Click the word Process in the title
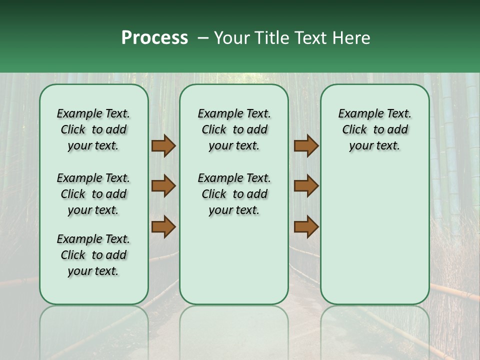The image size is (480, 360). click(x=154, y=38)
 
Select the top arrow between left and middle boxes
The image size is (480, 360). click(x=163, y=146)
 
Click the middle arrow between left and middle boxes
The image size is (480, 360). click(x=163, y=186)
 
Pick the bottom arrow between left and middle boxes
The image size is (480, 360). click(x=163, y=227)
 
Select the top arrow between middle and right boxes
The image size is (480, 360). click(x=306, y=146)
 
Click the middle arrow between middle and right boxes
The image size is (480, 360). click(x=306, y=186)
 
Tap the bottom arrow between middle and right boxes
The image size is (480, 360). click(x=306, y=227)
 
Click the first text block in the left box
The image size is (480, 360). click(x=93, y=129)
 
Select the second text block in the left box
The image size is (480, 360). click(x=93, y=194)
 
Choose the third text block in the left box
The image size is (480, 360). click(x=93, y=255)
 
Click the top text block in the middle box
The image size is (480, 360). click(x=234, y=129)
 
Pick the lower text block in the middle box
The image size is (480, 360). click(x=234, y=194)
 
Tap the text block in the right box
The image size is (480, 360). click(x=375, y=129)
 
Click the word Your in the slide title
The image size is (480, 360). click(x=232, y=38)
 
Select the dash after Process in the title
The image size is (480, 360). click(x=202, y=38)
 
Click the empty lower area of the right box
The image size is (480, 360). click(x=375, y=240)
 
